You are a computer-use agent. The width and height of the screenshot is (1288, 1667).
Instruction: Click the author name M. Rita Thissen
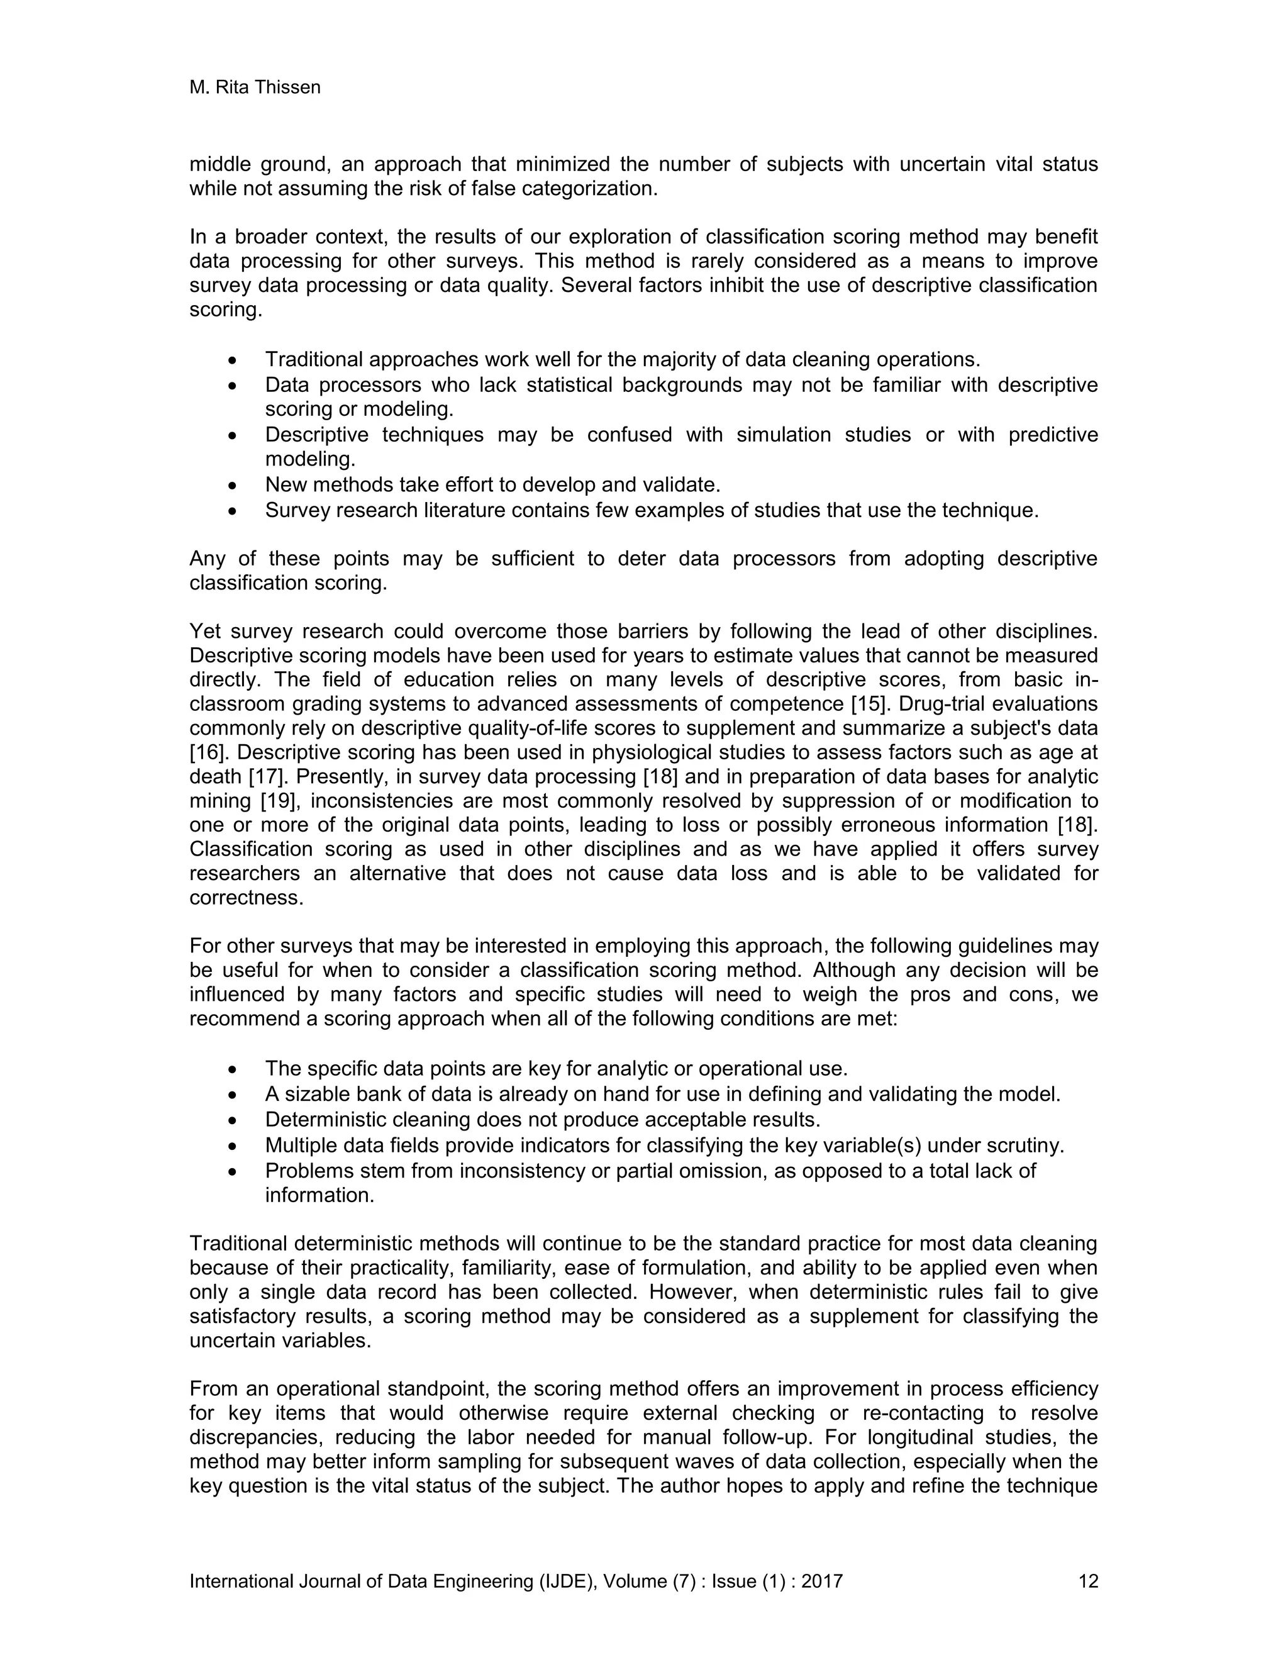[255, 88]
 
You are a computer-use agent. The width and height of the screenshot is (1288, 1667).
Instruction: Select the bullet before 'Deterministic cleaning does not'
[233, 1120]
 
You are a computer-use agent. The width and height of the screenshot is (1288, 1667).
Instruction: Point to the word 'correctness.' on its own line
[247, 898]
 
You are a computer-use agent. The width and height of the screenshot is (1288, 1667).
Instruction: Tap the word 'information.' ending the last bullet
[319, 1195]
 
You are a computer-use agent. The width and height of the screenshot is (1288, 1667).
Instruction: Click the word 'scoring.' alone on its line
[226, 311]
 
